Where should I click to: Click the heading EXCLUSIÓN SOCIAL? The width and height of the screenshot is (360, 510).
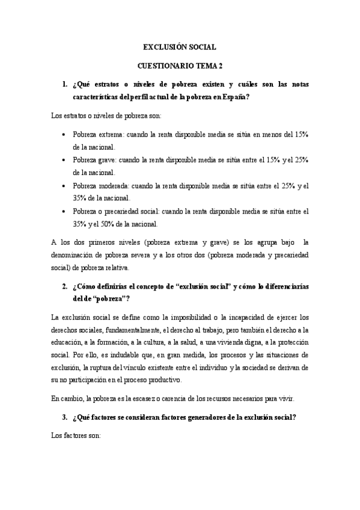(179, 46)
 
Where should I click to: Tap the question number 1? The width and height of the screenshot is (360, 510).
(64, 85)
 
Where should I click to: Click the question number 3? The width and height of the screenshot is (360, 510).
(64, 417)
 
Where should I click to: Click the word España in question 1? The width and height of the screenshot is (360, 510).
(236, 96)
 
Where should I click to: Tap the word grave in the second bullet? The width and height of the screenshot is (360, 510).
(110, 161)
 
